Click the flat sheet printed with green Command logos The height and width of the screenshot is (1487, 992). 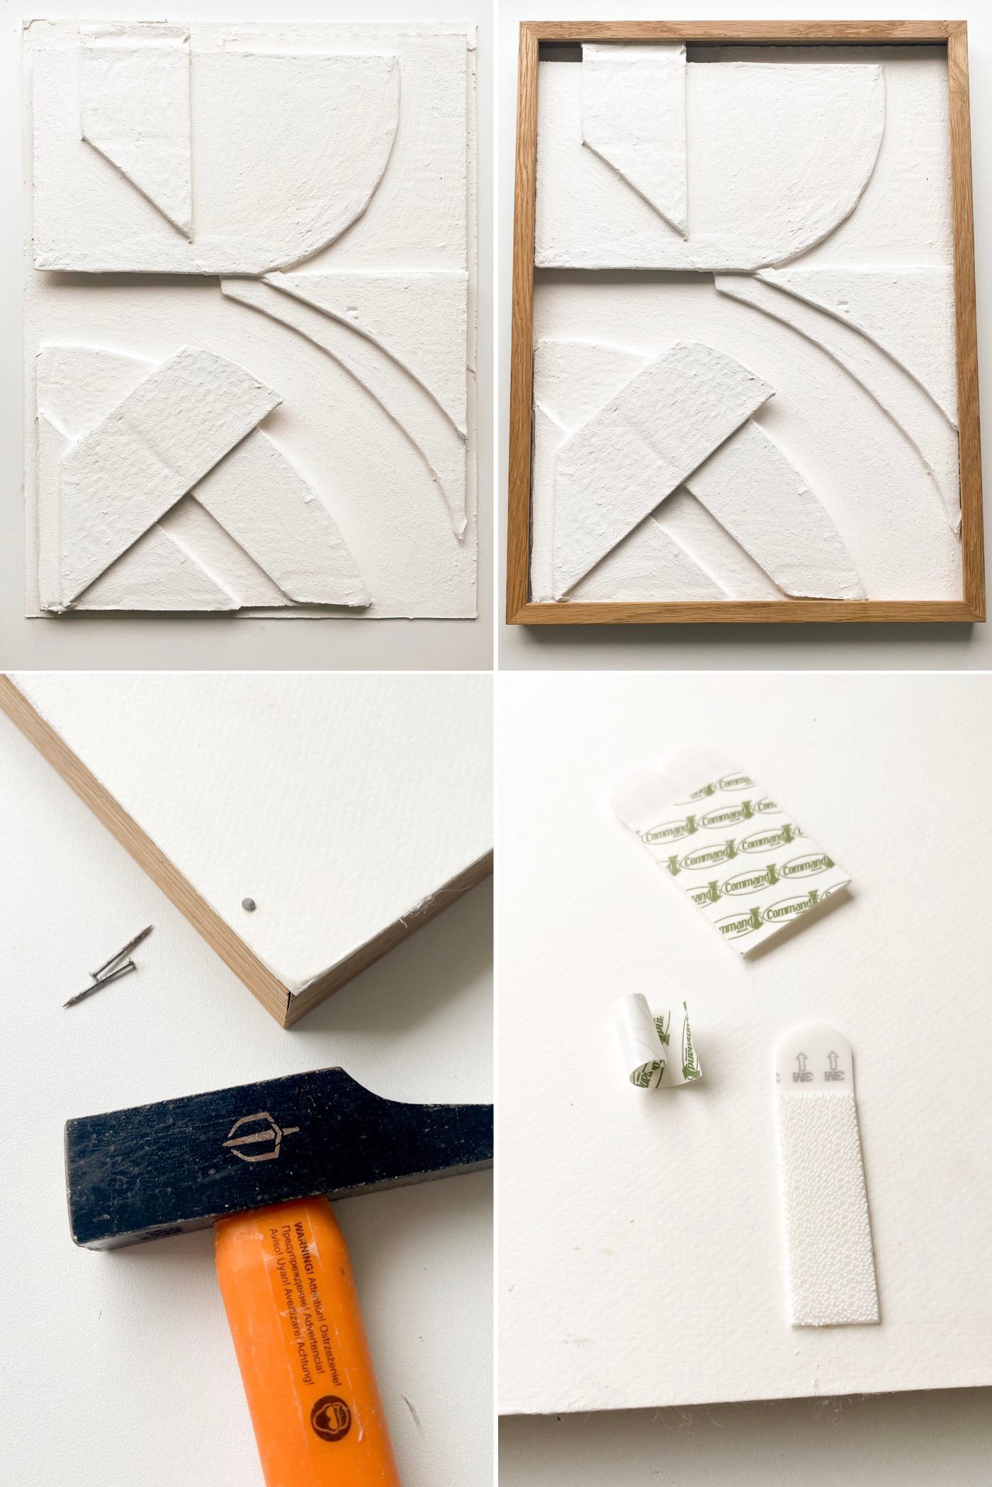click(x=737, y=850)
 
